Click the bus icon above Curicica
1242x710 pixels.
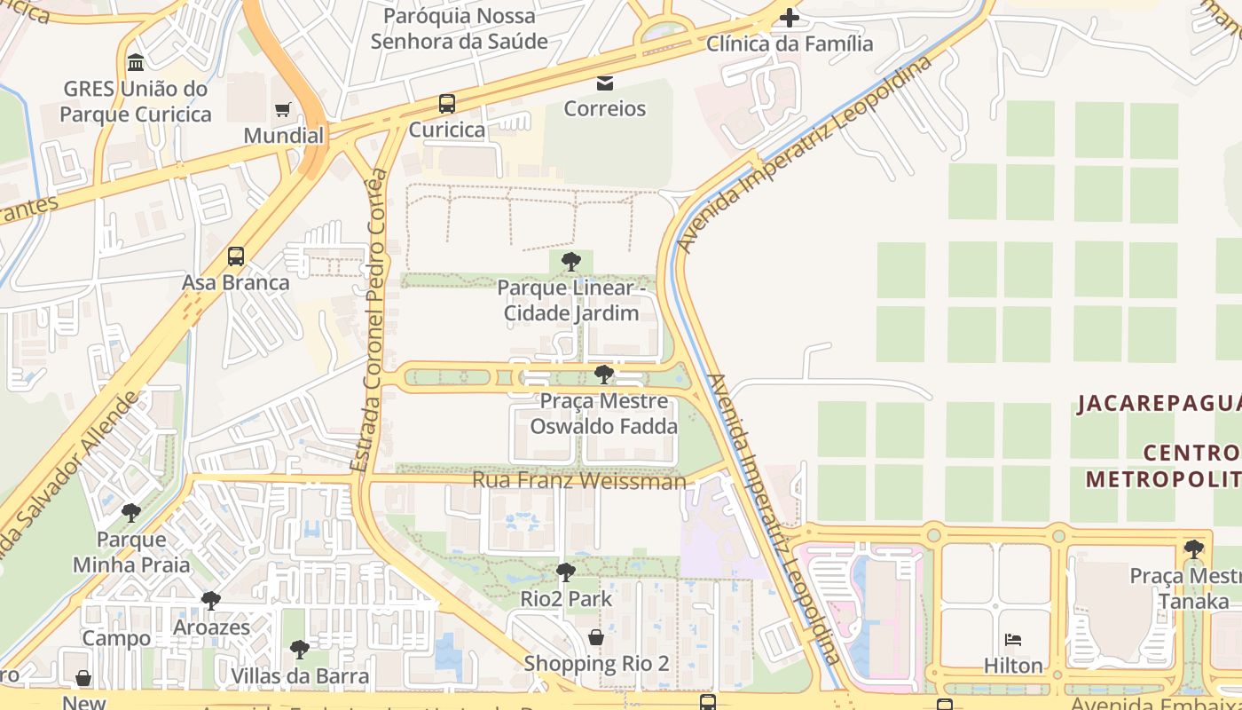point(447,104)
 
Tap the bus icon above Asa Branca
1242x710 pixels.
point(236,256)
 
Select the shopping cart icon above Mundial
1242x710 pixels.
point(283,110)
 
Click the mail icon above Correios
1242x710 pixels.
point(605,83)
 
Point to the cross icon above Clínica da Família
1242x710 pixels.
point(789,17)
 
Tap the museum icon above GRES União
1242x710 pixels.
point(136,63)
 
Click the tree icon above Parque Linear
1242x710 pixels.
point(571,262)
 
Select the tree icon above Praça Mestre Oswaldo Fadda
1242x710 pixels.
point(603,375)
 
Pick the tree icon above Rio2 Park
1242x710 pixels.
point(566,572)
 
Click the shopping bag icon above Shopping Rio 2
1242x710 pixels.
point(596,637)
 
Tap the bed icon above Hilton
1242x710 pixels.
point(1013,640)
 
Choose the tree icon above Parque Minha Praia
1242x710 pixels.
point(131,513)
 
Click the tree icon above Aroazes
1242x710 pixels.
point(211,601)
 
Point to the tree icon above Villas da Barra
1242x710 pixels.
point(300,650)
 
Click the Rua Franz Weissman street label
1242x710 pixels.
point(579,480)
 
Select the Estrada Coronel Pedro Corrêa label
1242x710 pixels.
point(370,319)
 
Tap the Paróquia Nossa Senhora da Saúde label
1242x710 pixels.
point(460,28)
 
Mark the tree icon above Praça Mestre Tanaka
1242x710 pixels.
point(1194,549)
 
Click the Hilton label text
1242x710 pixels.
point(1013,666)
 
